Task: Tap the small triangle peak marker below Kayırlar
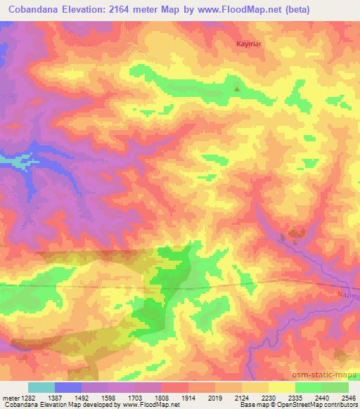tap(236, 89)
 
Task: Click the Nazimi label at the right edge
tap(347, 298)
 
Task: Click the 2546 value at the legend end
tap(347, 397)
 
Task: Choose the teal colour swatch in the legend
tap(41, 387)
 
